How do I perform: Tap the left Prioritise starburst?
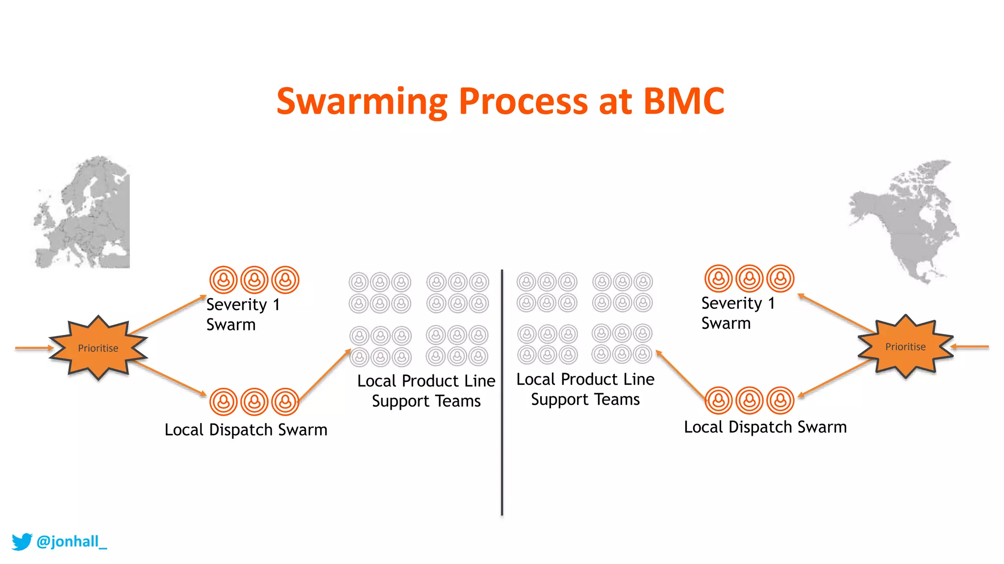98,348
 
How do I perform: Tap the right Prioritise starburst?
905,347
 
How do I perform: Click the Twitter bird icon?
22,541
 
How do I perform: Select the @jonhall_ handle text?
72,541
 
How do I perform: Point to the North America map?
904,220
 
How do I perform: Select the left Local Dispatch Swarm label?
246,430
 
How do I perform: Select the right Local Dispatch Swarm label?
765,427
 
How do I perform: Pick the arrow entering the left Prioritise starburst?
33,348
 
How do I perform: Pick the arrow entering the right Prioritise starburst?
971,347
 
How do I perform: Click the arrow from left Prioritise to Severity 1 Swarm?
167,315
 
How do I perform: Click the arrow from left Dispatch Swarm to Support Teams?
325,375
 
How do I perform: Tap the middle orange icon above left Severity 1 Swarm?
254,280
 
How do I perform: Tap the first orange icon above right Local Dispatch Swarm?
719,400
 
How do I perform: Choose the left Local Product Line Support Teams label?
426,391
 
